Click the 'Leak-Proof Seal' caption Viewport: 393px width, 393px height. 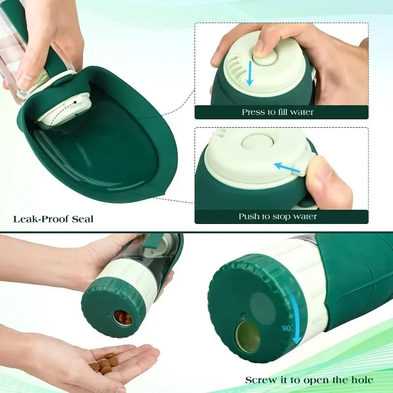tap(54, 219)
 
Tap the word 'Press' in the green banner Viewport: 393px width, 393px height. tap(253, 112)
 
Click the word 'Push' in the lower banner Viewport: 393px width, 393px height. tap(249, 216)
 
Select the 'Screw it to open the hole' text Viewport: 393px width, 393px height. tap(309, 380)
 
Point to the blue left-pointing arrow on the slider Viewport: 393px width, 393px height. tap(287, 168)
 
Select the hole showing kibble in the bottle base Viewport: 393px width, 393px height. tap(123, 318)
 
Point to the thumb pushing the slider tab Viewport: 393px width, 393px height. tap(327, 182)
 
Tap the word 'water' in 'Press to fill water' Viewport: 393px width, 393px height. tap(302, 112)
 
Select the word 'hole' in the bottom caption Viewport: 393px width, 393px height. tap(361, 380)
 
